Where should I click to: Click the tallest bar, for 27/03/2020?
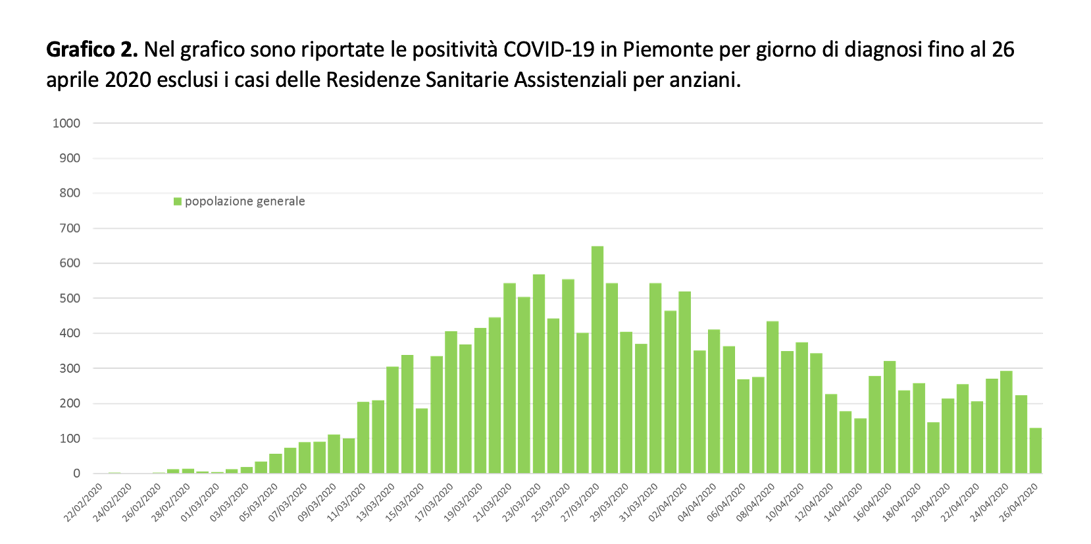(x=597, y=360)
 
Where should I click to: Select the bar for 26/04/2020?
(x=1036, y=450)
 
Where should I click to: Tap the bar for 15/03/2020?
(x=422, y=441)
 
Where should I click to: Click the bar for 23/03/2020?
(x=539, y=373)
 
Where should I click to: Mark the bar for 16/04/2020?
(x=890, y=417)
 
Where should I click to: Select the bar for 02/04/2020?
(x=685, y=382)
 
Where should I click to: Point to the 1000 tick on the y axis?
(x=66, y=123)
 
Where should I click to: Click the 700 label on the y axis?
(x=69, y=229)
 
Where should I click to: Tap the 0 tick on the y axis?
(x=77, y=474)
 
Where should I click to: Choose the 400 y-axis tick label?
(x=69, y=333)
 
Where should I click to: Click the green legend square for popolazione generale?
(x=178, y=202)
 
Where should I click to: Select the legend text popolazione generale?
(x=245, y=202)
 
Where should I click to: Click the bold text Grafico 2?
(x=91, y=49)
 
